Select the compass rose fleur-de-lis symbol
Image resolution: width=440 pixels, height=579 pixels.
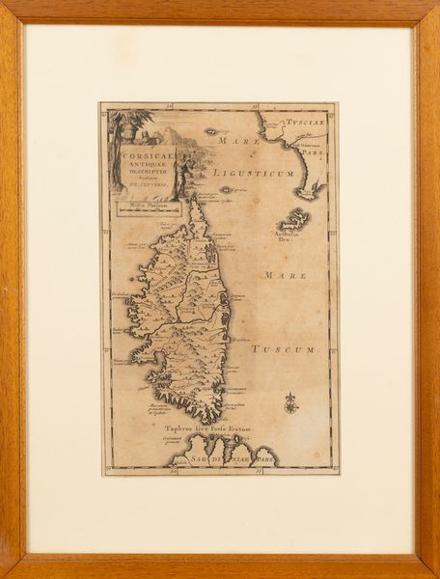click(291, 400)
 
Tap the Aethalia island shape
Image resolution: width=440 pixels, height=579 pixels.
click(294, 219)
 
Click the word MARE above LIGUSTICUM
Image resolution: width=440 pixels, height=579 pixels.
click(239, 141)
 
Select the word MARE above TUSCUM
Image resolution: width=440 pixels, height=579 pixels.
click(286, 275)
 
